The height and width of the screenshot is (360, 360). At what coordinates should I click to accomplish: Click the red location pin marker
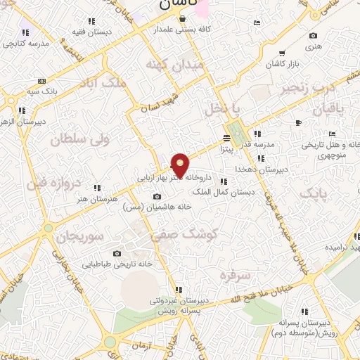coord(181,165)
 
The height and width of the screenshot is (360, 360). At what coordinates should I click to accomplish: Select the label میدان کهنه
coord(174,65)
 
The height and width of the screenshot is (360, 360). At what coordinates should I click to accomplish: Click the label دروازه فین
coord(55,184)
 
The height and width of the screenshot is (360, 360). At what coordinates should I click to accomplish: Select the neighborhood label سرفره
coord(234,273)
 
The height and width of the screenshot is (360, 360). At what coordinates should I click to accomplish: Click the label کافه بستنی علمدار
coord(186,32)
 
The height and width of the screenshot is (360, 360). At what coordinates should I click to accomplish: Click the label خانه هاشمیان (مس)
coord(157,207)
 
